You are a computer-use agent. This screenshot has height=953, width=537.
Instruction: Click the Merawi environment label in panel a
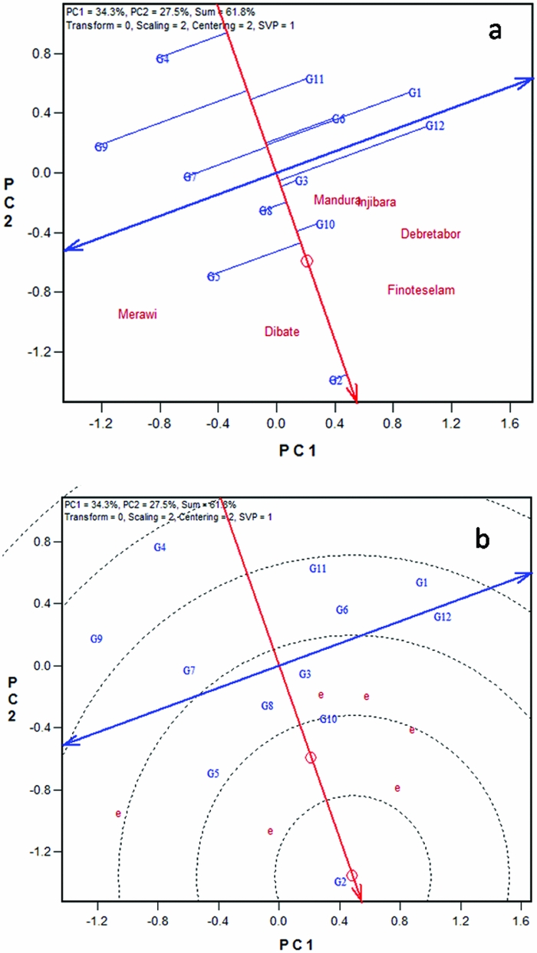[137, 314]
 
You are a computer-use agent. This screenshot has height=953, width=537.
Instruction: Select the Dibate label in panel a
[282, 331]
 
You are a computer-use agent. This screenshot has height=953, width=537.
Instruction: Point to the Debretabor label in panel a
[430, 234]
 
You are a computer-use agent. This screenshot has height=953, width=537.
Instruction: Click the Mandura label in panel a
[336, 200]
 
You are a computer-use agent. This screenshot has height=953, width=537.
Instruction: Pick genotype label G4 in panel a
[163, 59]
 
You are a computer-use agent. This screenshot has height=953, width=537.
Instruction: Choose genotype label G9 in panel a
[101, 147]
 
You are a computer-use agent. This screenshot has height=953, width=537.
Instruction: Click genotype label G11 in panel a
[315, 79]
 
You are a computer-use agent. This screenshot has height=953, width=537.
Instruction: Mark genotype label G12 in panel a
[435, 126]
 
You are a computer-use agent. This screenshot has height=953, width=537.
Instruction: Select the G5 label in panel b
[214, 773]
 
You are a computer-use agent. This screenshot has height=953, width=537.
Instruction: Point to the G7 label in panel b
[189, 671]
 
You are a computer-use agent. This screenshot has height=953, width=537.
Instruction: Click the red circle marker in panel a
[307, 261]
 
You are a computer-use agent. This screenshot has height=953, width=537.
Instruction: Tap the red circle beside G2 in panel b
[352, 876]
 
